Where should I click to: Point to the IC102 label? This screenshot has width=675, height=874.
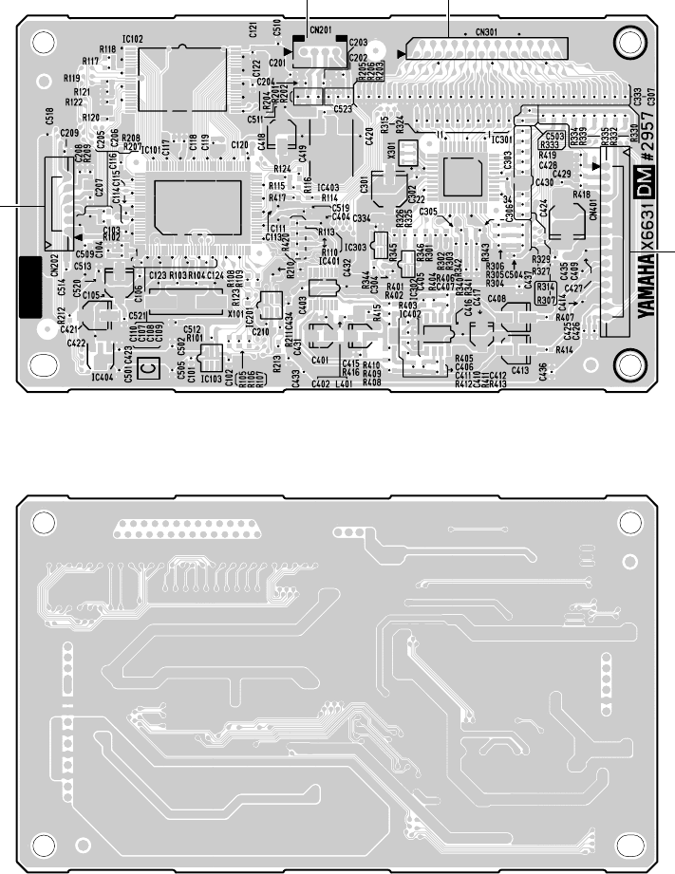[132, 39]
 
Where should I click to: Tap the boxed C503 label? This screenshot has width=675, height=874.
[555, 136]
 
